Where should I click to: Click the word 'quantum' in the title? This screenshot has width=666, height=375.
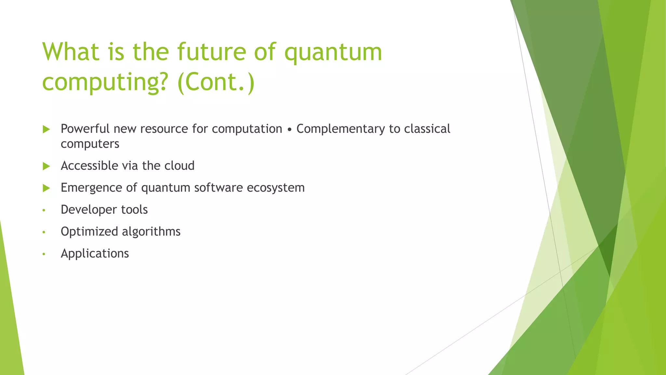pos(333,53)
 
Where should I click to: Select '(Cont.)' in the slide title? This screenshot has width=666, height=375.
pos(216,82)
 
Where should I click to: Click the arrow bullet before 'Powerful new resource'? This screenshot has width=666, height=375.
pos(46,130)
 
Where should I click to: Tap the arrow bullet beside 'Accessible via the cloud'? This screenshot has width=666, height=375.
pos(46,166)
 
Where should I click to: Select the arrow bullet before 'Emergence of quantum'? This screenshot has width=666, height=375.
pos(46,188)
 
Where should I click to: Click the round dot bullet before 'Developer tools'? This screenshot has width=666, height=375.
pos(44,210)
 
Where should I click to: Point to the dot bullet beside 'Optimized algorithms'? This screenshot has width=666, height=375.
pos(44,232)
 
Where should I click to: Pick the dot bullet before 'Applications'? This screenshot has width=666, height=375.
pos(44,254)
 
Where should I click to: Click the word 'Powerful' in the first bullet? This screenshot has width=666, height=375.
pos(85,129)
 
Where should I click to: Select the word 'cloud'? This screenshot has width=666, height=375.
pos(179,166)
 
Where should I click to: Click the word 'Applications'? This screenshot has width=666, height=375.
pos(95,254)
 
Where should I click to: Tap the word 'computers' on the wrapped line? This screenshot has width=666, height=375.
pos(90,144)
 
